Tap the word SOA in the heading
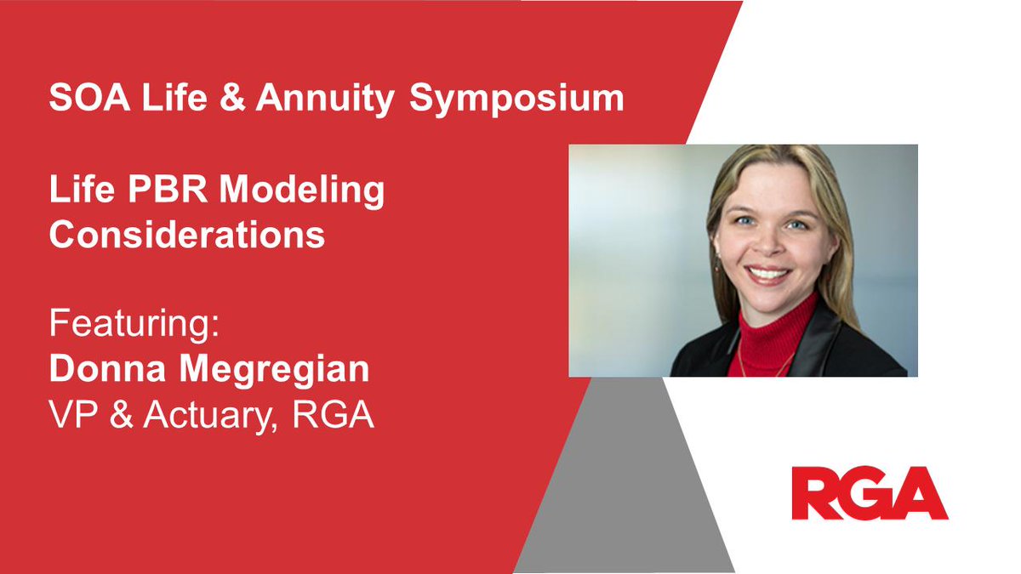(x=89, y=97)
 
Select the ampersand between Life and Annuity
(x=232, y=97)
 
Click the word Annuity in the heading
(x=325, y=99)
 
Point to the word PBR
(x=168, y=189)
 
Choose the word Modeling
(x=302, y=191)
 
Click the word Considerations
(x=187, y=234)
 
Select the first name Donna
(x=107, y=368)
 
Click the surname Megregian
(x=274, y=372)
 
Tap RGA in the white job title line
(x=334, y=414)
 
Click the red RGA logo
(x=870, y=493)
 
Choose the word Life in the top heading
(x=174, y=97)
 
